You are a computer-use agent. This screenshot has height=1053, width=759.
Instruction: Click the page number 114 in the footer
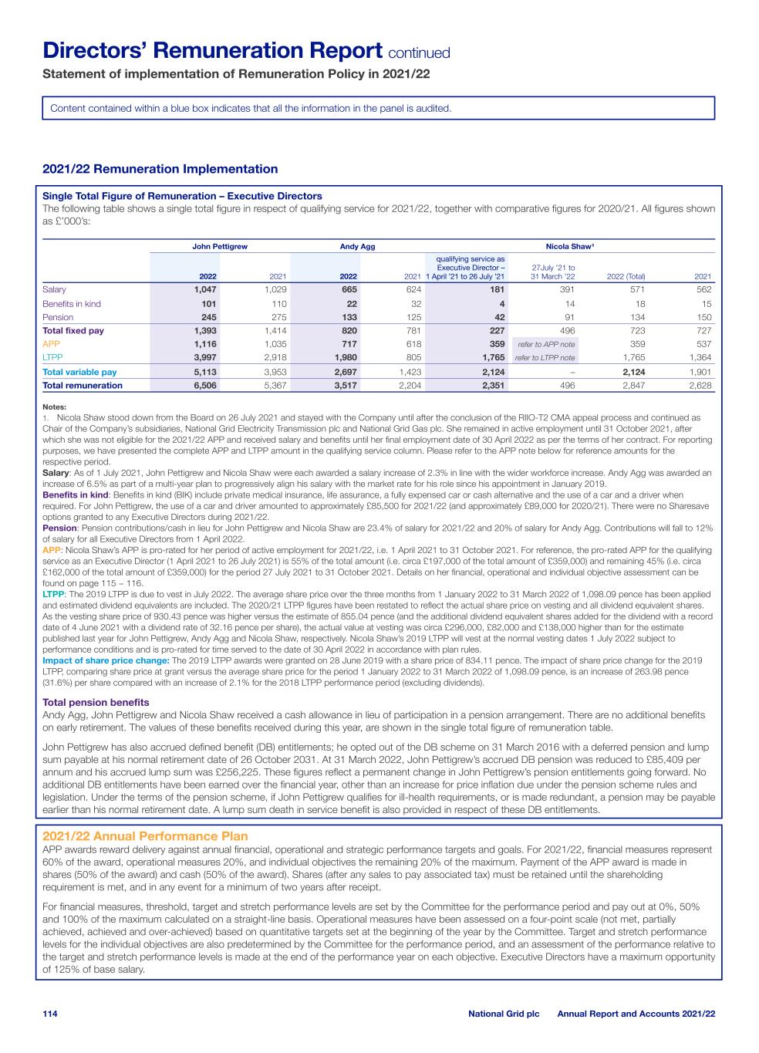click(50, 1013)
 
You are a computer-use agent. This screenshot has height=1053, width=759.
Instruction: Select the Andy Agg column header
click(357, 246)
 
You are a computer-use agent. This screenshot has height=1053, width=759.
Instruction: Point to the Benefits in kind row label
click(71, 304)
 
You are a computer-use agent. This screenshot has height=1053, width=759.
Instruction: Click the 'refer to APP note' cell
click(545, 344)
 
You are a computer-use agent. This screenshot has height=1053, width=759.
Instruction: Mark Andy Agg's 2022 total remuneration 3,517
click(343, 386)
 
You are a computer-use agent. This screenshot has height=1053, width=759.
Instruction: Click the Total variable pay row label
click(79, 372)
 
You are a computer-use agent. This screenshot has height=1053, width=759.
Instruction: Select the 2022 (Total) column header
click(626, 277)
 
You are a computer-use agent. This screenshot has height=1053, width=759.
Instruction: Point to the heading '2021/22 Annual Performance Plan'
click(145, 836)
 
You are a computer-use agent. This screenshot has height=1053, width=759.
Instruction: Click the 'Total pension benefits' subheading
click(96, 702)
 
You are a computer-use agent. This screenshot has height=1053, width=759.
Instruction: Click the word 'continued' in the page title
click(419, 53)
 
